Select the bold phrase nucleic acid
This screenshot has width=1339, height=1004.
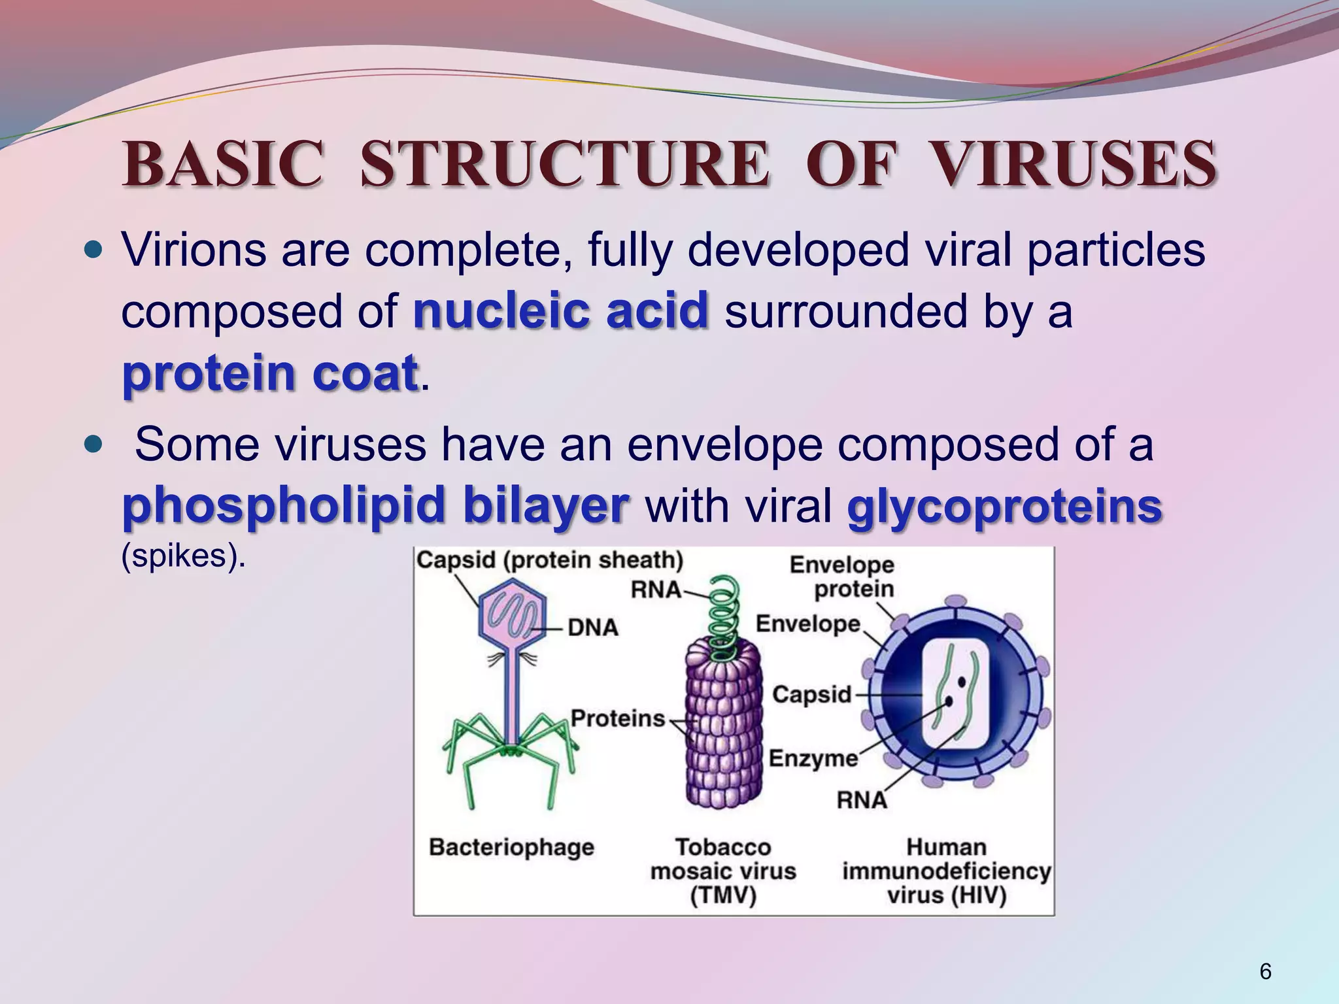click(560, 310)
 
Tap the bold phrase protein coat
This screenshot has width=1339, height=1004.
click(269, 373)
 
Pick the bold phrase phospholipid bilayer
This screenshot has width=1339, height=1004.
click(375, 505)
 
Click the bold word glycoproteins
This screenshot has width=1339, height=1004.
click(1004, 506)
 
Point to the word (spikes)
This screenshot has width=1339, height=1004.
click(183, 556)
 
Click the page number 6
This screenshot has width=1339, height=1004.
click(1265, 972)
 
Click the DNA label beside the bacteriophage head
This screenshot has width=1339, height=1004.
click(592, 627)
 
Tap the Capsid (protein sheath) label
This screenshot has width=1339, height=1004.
click(549, 560)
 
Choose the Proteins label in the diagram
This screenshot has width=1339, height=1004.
click(617, 718)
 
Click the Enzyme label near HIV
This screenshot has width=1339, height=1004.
click(813, 758)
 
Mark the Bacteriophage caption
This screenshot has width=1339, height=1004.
click(511, 847)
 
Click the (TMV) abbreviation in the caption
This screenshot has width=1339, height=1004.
click(722, 895)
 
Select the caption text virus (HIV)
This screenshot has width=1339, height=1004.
click(946, 895)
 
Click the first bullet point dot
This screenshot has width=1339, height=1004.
click(95, 250)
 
